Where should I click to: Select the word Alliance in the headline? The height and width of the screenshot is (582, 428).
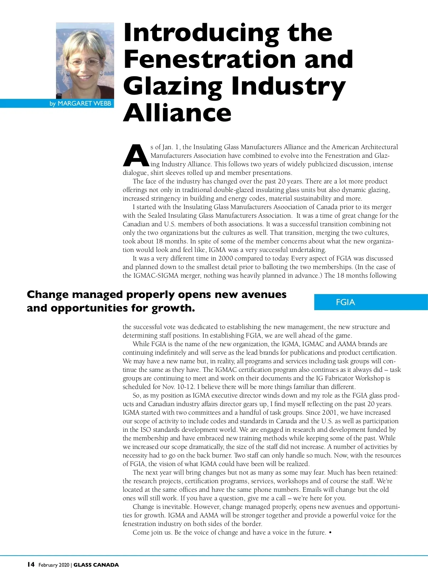(x=177, y=113)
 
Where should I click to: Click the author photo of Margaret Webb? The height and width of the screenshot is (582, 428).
(x=85, y=61)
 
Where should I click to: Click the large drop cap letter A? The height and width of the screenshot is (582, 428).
(x=136, y=156)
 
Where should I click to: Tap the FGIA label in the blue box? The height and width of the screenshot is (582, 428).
(x=345, y=302)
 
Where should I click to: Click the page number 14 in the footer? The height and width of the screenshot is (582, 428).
(x=31, y=565)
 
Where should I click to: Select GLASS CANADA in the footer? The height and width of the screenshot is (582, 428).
(x=96, y=565)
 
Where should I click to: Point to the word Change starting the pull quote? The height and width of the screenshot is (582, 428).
(x=47, y=294)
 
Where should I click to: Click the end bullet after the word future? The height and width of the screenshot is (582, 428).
(x=330, y=532)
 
